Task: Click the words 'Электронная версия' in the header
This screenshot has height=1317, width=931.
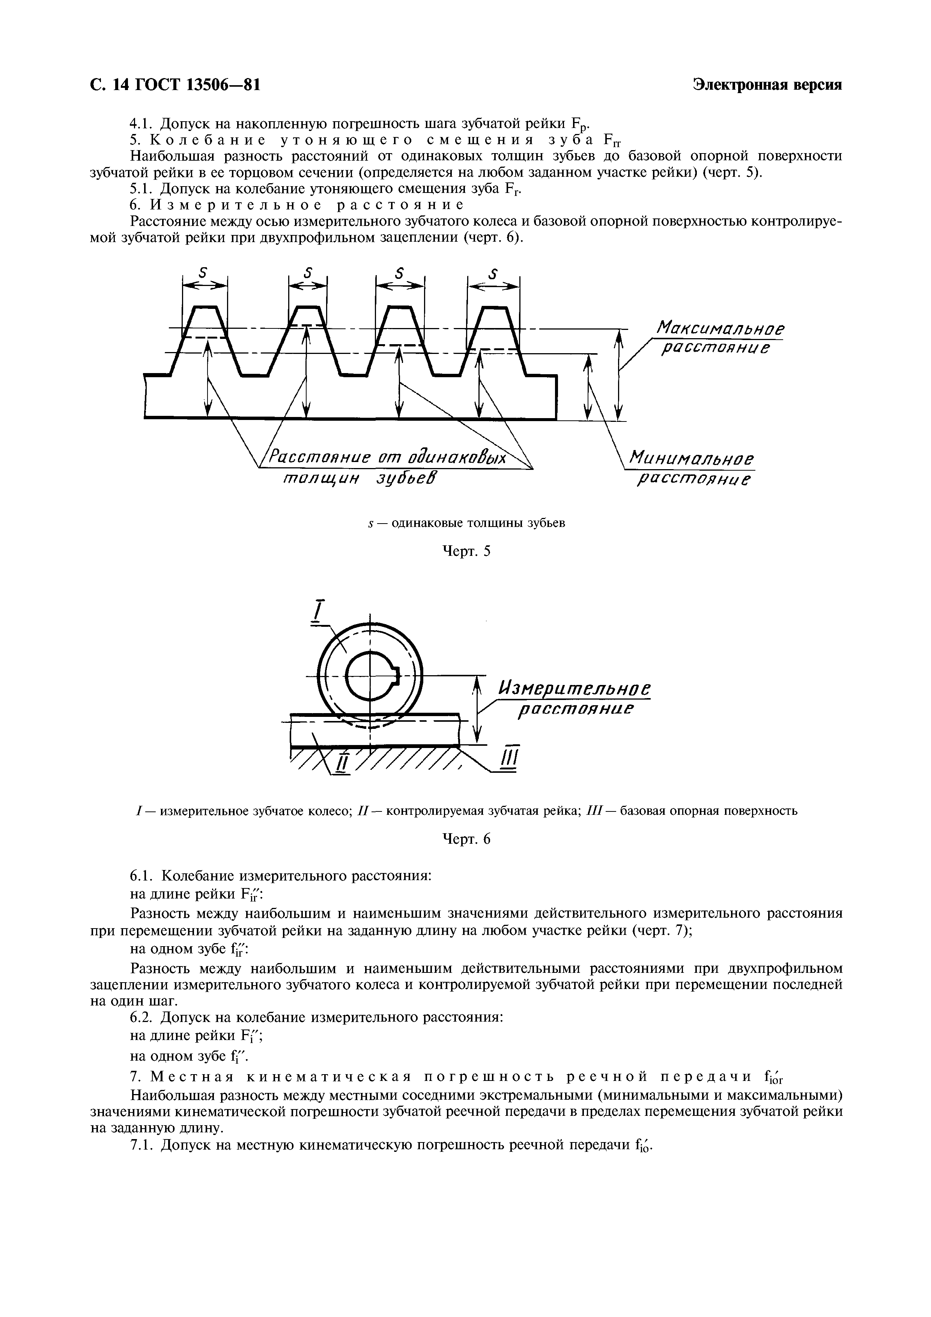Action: point(767,85)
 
